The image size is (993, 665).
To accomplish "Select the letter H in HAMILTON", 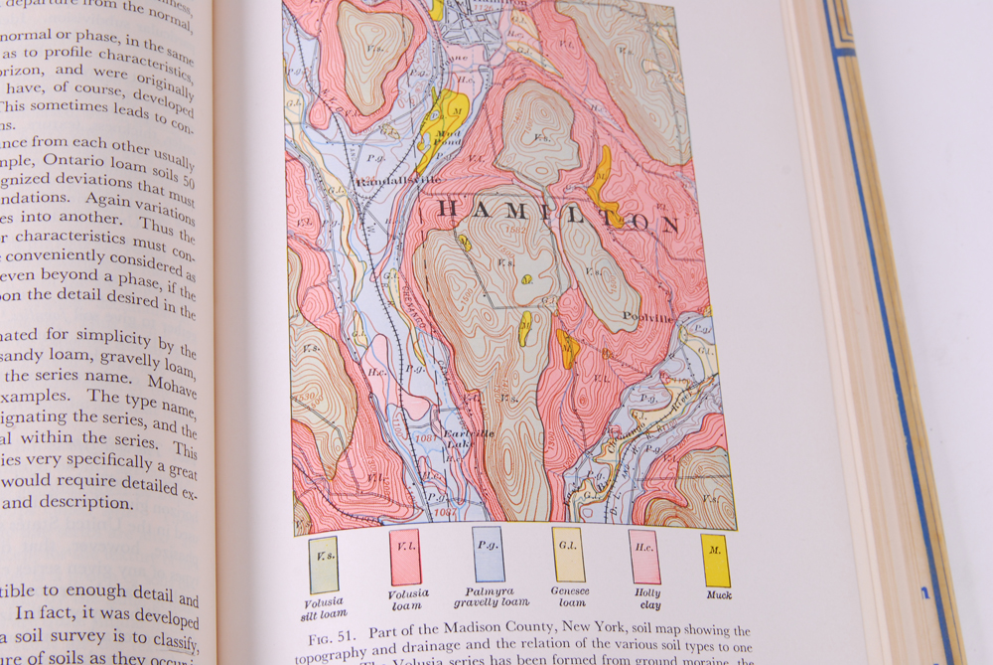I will click(x=449, y=208).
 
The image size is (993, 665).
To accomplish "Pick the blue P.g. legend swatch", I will click(x=488, y=554).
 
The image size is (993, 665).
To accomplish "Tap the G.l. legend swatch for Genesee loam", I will click(x=567, y=555).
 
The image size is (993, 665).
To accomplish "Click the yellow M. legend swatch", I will click(x=715, y=561).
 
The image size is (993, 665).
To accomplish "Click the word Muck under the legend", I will click(x=719, y=595).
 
